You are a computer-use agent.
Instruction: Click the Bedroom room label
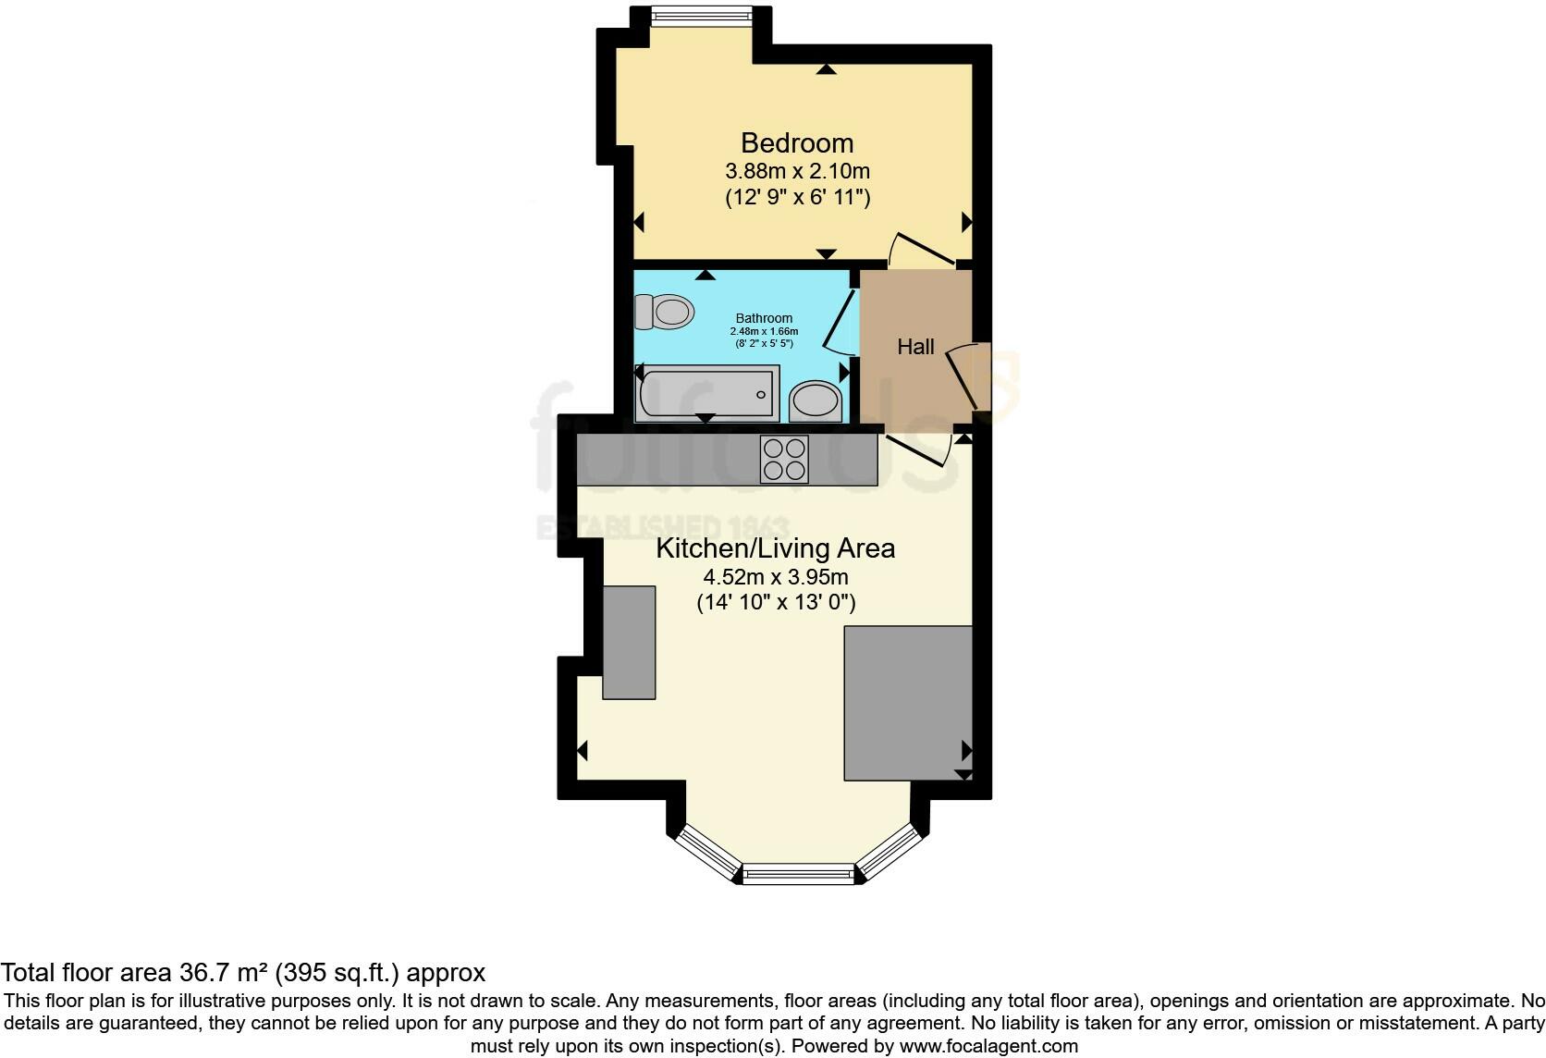pyautogui.click(x=796, y=143)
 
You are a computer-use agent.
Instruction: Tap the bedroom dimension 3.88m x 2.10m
pyautogui.click(x=796, y=171)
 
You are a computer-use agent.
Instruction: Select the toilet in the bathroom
pyautogui.click(x=665, y=312)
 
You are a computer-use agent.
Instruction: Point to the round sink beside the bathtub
pyautogui.click(x=815, y=401)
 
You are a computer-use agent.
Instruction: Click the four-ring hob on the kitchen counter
pyautogui.click(x=784, y=460)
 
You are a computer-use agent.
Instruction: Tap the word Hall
pyautogui.click(x=915, y=347)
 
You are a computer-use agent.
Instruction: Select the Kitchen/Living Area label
pyautogui.click(x=775, y=548)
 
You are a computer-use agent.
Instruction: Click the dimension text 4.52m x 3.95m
pyautogui.click(x=775, y=578)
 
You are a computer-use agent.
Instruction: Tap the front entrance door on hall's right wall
pyautogui.click(x=966, y=375)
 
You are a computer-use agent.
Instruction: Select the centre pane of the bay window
pyautogui.click(x=798, y=872)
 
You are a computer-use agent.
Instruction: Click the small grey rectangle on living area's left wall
pyautogui.click(x=629, y=642)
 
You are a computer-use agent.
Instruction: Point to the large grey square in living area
pyautogui.click(x=907, y=703)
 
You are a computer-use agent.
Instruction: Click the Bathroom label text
pyautogui.click(x=764, y=318)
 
